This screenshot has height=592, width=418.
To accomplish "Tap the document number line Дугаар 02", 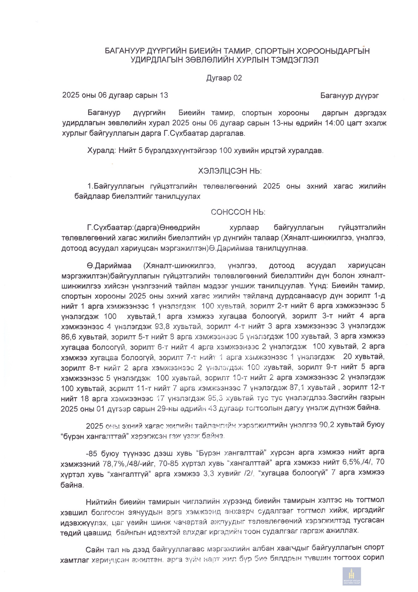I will coord(224,78).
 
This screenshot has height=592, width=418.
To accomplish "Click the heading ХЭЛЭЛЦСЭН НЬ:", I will coord(230,171).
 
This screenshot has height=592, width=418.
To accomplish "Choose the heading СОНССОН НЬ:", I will coord(238,212).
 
